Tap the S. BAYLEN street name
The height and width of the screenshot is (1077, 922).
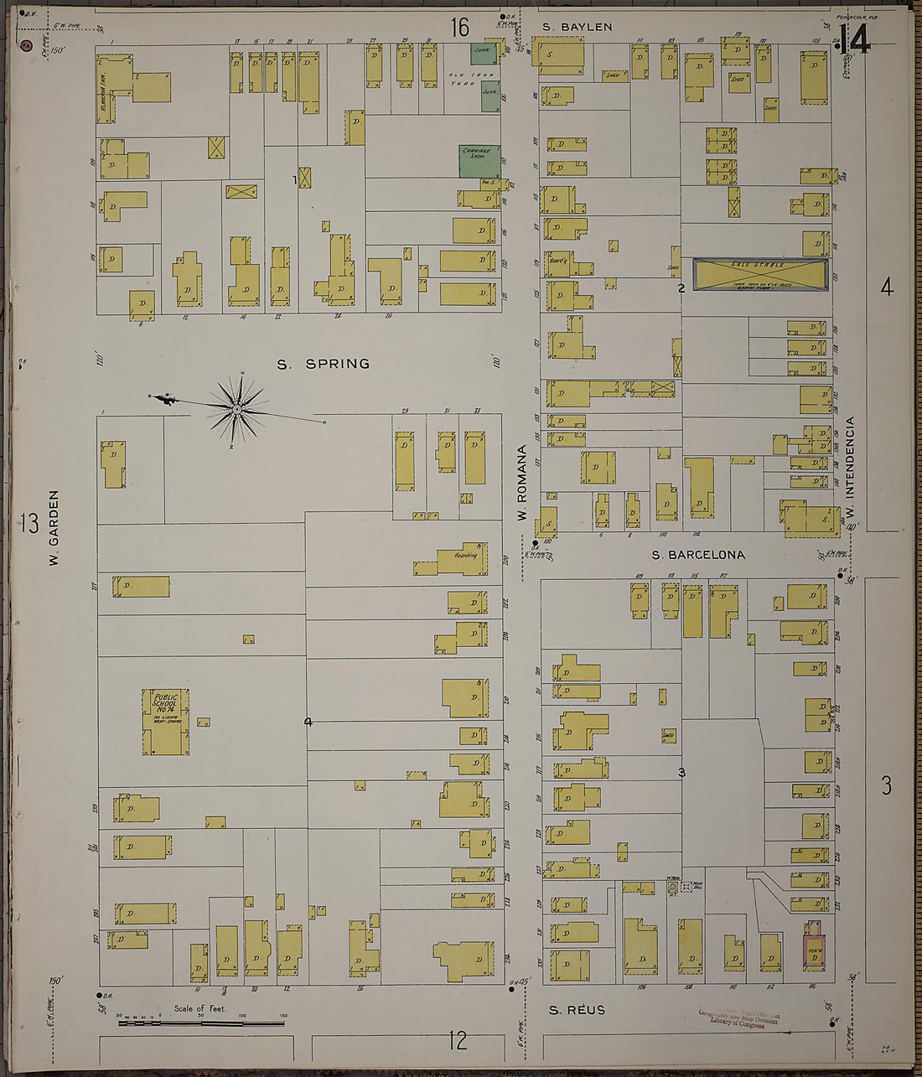[x=577, y=27]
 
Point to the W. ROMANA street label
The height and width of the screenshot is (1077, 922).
[x=522, y=483]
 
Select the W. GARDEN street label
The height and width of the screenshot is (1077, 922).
[x=54, y=528]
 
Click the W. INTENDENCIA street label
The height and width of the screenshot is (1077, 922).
[x=849, y=468]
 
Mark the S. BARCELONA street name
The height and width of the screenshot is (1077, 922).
[x=697, y=555]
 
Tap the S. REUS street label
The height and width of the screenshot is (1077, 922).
[x=577, y=1010]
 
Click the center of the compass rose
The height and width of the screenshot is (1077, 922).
[x=237, y=409]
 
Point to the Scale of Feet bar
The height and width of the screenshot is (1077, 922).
[x=200, y=1023]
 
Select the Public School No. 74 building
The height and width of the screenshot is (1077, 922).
[x=166, y=722]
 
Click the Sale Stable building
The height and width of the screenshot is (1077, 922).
[x=759, y=273]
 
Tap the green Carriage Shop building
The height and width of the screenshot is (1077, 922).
[x=479, y=161]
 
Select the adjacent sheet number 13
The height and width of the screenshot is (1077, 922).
[x=29, y=524]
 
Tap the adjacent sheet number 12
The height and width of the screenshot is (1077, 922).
[x=457, y=1041]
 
